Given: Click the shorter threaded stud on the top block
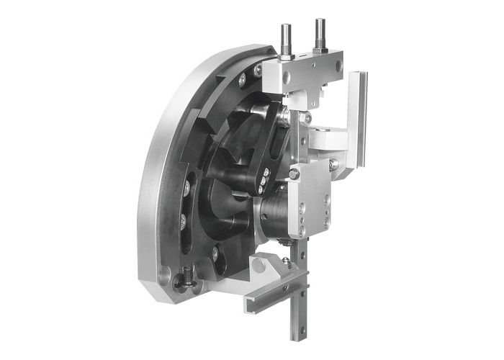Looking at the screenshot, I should coord(286,36).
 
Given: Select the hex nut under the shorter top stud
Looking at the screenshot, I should coord(286,55).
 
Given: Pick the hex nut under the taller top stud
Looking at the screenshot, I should coord(318,50).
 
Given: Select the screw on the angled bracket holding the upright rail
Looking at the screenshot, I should coord(333,165).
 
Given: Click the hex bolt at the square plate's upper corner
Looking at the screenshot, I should coord(294,174).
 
